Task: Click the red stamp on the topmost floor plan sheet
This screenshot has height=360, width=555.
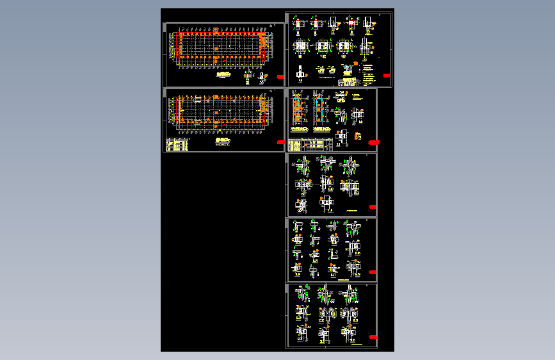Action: [x=280, y=77]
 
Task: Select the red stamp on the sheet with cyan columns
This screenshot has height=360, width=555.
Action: [x=374, y=141]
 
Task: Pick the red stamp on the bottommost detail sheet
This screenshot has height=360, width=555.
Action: [x=373, y=337]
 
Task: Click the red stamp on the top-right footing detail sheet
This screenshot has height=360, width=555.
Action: [x=387, y=76]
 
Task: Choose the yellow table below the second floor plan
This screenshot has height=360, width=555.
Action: [x=177, y=145]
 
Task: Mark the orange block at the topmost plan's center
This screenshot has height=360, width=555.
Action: [x=218, y=48]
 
